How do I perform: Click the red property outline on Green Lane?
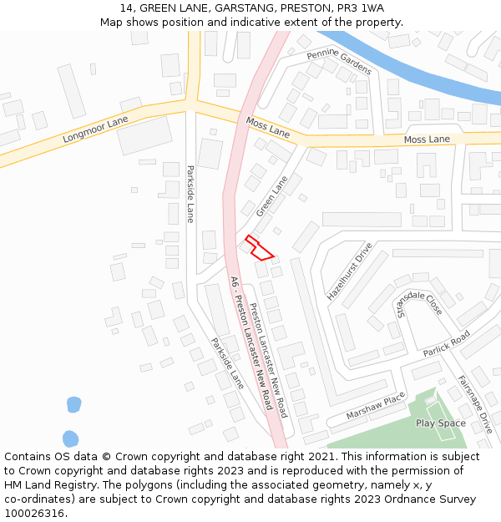pyautogui.click(x=260, y=247)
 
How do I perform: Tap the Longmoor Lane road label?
pyautogui.click(x=95, y=130)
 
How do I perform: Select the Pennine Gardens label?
pyautogui.click(x=338, y=63)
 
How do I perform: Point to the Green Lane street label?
pyautogui.click(x=271, y=196)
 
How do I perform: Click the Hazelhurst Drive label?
pyautogui.click(x=349, y=272)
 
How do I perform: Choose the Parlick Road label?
pyautogui.click(x=447, y=342)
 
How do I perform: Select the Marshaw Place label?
pyautogui.click(x=375, y=406)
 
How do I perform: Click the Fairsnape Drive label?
pyautogui.click(x=474, y=403)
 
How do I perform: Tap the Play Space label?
pyautogui.click(x=441, y=423)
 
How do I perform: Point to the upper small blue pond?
pyautogui.click(x=73, y=405)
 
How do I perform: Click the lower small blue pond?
pyautogui.click(x=70, y=438)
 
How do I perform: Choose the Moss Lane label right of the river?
pyautogui.click(x=427, y=139)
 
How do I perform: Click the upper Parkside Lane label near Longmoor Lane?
pyautogui.click(x=190, y=194)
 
